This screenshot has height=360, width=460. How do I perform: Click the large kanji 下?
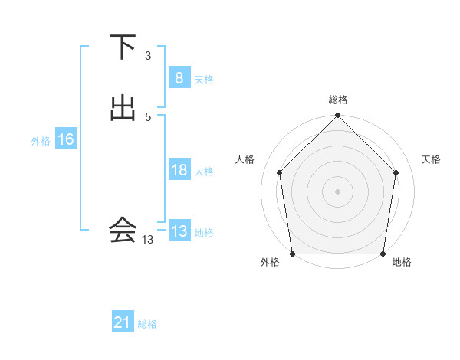[x=122, y=47]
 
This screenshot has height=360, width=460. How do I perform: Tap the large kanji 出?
[x=122, y=108]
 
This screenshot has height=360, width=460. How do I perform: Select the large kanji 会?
[x=122, y=229]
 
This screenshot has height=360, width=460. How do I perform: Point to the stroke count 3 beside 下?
[x=147, y=56]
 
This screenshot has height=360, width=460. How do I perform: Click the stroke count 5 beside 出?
[x=147, y=116]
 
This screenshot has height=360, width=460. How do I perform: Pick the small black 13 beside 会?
[x=147, y=240]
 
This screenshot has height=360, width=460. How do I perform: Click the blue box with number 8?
[x=179, y=77]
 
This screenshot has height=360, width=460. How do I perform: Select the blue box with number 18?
[x=179, y=170]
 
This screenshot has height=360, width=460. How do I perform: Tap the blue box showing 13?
[x=179, y=231]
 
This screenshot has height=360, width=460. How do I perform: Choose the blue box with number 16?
[x=65, y=139]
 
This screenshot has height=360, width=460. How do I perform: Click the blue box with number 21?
[x=122, y=322]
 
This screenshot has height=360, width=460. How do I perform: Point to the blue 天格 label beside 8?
[x=204, y=80]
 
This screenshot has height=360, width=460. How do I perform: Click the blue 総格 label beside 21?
[x=147, y=324]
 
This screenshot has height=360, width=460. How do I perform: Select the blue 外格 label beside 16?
[x=41, y=141]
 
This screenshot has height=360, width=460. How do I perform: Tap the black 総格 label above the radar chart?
[x=338, y=100]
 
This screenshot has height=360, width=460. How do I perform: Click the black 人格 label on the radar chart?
[x=245, y=159]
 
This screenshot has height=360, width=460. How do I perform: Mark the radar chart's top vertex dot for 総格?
[x=338, y=116]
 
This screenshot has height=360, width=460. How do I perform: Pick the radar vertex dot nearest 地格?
[x=383, y=254]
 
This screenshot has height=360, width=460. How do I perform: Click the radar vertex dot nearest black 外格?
[x=292, y=254]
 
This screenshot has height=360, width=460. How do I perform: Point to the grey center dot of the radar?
[x=338, y=191]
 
